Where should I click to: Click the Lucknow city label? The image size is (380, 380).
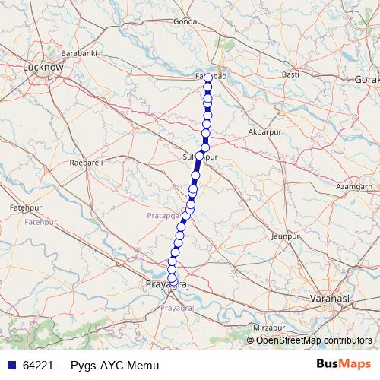pos(43,68)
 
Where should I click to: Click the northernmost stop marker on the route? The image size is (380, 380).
pos(208,78)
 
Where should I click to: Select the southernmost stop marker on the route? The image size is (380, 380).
pos(173,278)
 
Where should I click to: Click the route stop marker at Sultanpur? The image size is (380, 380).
pos(200,156)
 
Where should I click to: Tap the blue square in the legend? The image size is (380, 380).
pos(10,365)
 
